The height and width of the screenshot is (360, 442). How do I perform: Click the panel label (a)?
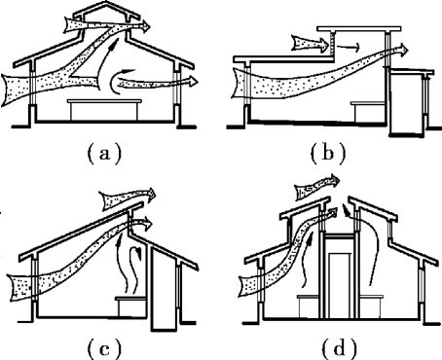point(104,153)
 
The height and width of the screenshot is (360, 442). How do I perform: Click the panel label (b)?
point(327,153)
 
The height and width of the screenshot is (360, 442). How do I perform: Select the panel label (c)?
point(104,349)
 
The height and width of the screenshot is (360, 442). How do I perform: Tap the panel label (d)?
point(339,349)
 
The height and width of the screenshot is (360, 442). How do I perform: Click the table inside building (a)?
point(104,101)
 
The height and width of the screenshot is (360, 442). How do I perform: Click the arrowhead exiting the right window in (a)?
point(194,81)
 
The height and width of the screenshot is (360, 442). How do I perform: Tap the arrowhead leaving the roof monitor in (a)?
point(146,26)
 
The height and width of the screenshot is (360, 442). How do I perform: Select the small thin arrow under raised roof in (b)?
point(348,48)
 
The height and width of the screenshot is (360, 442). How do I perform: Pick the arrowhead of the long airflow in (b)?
point(403,50)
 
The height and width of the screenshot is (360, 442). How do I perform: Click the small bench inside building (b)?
point(368,112)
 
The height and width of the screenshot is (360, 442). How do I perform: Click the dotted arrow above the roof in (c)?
point(129,198)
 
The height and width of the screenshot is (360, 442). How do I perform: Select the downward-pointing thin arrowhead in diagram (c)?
point(139,255)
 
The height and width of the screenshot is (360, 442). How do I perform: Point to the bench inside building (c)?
point(131,306)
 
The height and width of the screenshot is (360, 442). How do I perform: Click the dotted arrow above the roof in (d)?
point(316,187)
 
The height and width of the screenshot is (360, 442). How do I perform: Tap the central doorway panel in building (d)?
point(339,285)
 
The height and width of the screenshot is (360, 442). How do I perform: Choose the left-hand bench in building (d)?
point(309,306)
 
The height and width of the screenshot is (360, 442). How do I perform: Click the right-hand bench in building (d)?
point(371,306)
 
